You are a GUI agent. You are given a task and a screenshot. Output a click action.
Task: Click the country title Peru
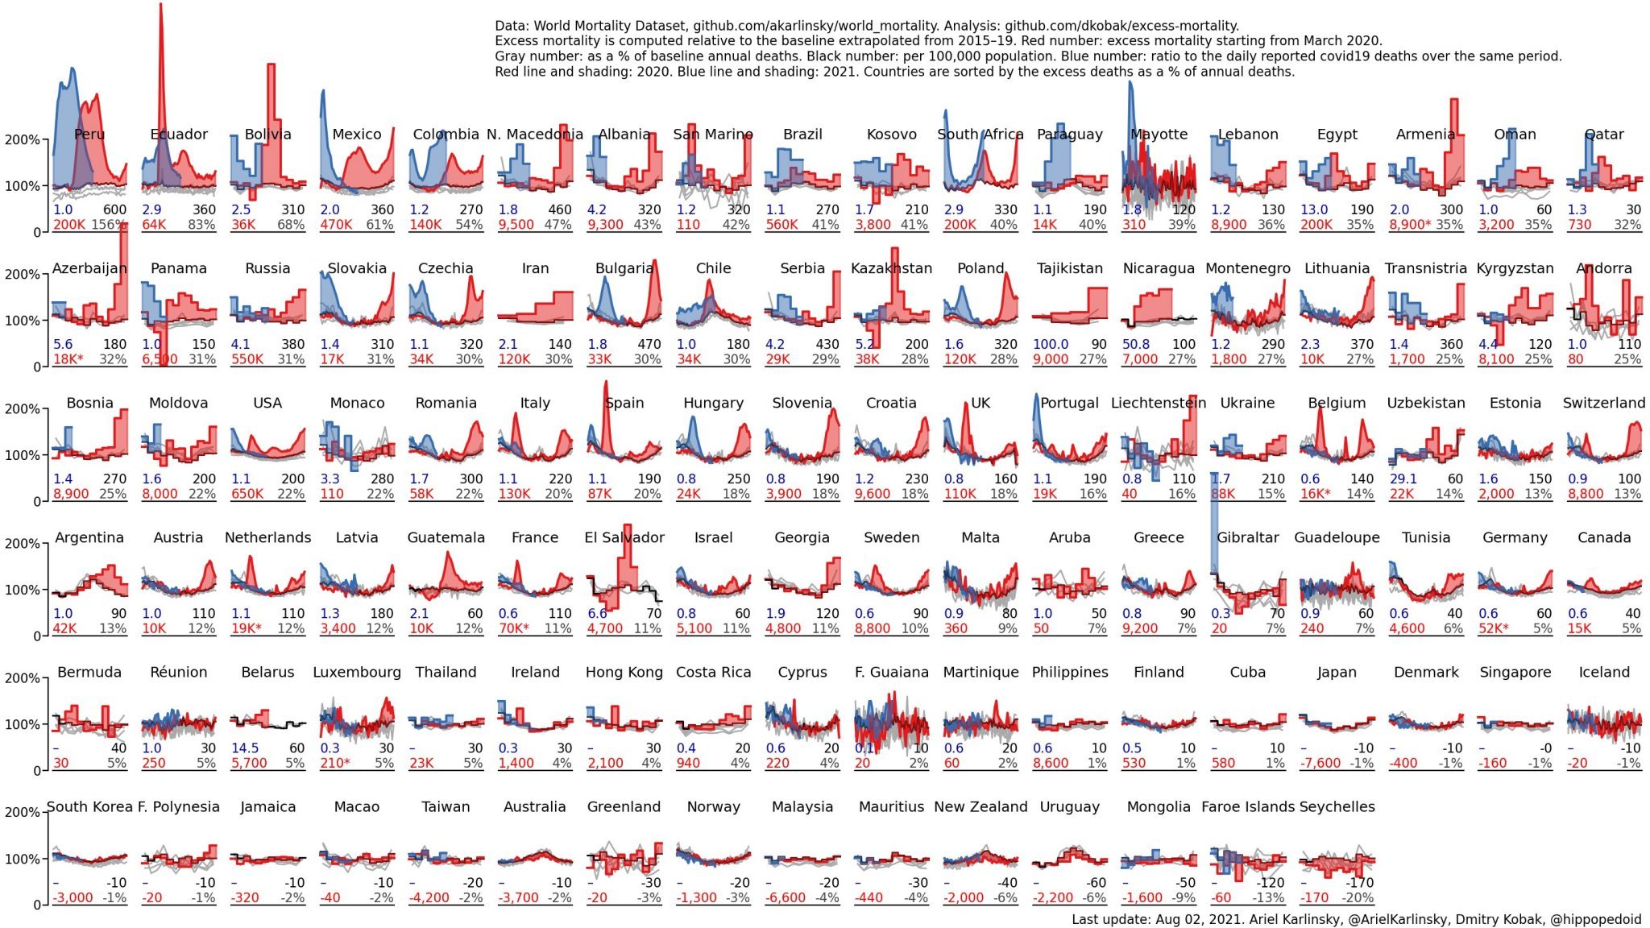click(x=89, y=135)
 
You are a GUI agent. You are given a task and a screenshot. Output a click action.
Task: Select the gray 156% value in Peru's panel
click(x=109, y=225)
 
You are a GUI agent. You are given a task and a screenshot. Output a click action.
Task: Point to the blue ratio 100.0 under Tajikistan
click(x=1051, y=344)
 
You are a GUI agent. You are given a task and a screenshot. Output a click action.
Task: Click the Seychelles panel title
click(x=1337, y=806)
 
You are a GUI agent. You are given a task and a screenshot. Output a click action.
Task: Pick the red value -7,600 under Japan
click(x=1321, y=763)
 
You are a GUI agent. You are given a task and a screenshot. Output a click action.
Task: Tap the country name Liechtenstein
click(x=1159, y=403)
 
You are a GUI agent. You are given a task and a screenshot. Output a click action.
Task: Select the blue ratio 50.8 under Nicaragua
click(x=1136, y=344)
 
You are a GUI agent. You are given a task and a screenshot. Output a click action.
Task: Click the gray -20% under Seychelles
click(x=1358, y=897)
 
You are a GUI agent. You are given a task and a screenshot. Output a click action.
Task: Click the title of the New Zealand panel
click(x=980, y=806)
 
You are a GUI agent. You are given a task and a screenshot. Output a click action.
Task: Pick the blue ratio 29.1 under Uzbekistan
click(x=1403, y=478)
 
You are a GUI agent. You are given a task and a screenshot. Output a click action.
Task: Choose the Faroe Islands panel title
click(x=1247, y=806)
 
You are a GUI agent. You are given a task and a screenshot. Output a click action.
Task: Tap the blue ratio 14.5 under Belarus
click(x=245, y=748)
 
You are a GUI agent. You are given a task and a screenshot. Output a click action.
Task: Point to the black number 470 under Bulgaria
click(x=649, y=344)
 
